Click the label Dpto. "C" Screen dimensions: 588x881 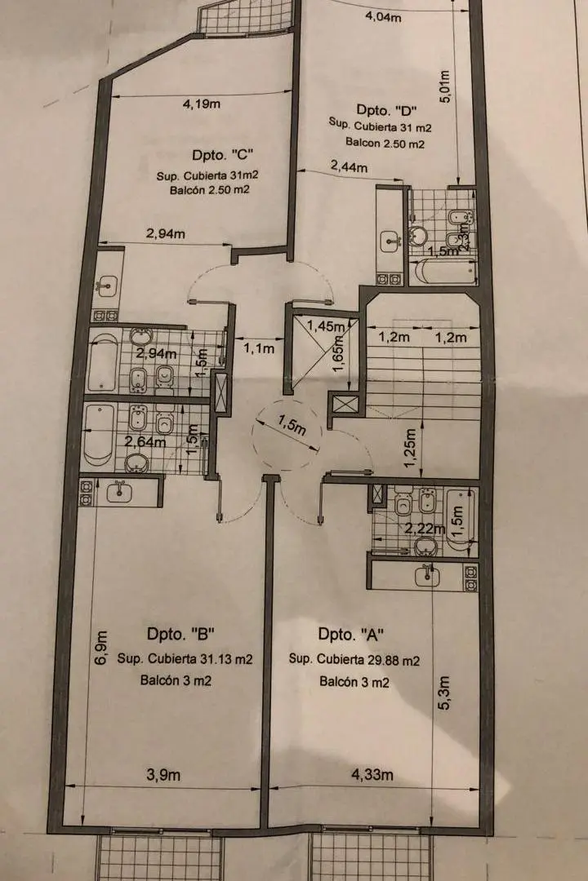pyautogui.click(x=223, y=154)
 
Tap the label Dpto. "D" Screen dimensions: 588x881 pyautogui.click(x=386, y=109)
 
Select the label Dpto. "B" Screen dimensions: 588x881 pyautogui.click(x=181, y=635)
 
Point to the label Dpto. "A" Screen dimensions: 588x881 pyautogui.click(x=350, y=635)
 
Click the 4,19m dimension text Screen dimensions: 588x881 pyautogui.click(x=201, y=104)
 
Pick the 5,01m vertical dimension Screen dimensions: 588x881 pyautogui.click(x=444, y=86)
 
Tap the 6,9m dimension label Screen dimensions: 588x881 pyautogui.click(x=100, y=648)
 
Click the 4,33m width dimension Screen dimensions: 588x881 pyautogui.click(x=372, y=775)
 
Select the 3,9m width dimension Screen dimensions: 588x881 pyautogui.click(x=163, y=775)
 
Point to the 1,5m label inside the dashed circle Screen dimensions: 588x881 pyautogui.click(x=292, y=425)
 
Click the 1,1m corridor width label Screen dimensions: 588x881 pyautogui.click(x=259, y=349)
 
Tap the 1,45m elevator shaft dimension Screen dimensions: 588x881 pyautogui.click(x=326, y=325)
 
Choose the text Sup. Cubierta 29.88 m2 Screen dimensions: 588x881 pyautogui.click(x=354, y=660)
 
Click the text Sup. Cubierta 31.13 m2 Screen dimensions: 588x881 pyautogui.click(x=185, y=658)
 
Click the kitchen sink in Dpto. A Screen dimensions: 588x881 pyautogui.click(x=428, y=575)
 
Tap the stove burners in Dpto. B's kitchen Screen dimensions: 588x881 pyautogui.click(x=86, y=492)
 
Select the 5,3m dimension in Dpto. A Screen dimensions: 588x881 pyautogui.click(x=444, y=693)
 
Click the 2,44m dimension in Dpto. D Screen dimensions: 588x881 pyautogui.click(x=349, y=166)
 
